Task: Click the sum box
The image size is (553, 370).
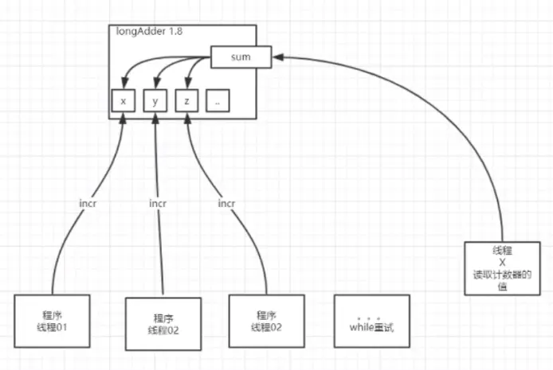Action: [241, 56]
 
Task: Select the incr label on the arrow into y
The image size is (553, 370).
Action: [158, 203]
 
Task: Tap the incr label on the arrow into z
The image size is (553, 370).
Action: [226, 203]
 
